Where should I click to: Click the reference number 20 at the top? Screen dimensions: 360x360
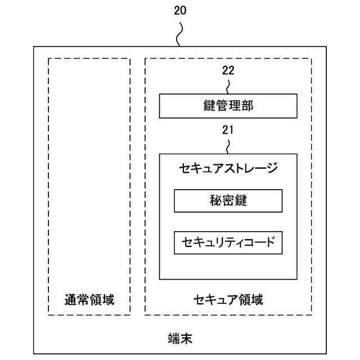point(181,10)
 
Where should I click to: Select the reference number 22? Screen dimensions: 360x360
point(228,71)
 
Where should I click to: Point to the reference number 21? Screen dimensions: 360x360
point(228,130)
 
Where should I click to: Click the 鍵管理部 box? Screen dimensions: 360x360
point(228,106)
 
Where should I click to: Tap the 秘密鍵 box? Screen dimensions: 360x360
point(228,201)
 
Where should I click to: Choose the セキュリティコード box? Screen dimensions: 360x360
point(228,243)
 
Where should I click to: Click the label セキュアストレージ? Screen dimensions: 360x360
point(228,168)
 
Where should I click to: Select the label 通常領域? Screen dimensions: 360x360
point(89,299)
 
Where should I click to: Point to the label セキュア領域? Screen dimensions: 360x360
point(228,299)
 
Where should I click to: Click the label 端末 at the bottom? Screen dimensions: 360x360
point(181,338)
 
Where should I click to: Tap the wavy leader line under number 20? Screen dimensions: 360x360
point(181,34)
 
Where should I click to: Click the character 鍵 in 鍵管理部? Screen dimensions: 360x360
point(210,106)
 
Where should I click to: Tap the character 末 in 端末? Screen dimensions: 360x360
point(187,338)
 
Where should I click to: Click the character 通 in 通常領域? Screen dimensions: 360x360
point(70,299)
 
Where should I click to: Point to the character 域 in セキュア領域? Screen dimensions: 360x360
point(256,299)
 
